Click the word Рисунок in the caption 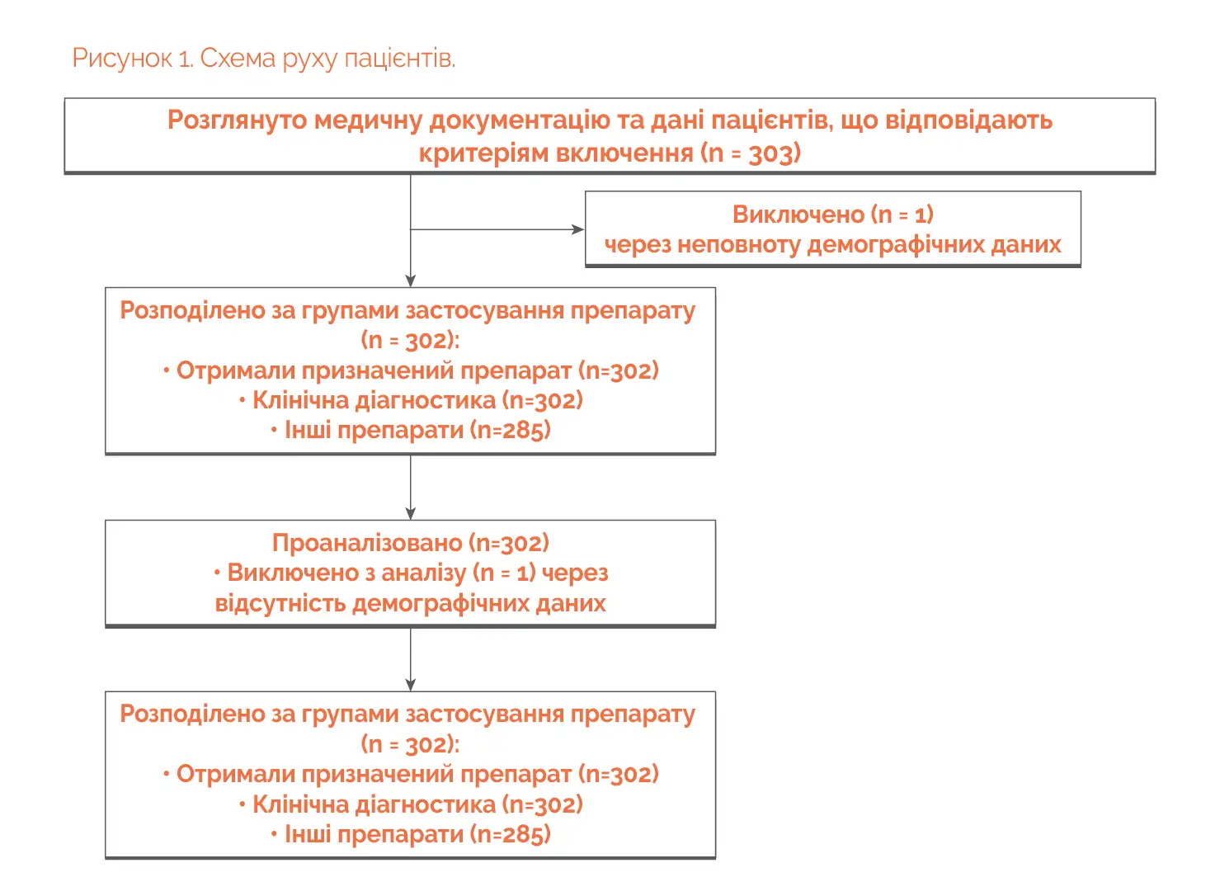pyautogui.click(x=122, y=59)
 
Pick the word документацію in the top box pyautogui.click(x=520, y=120)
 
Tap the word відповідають pyautogui.click(x=968, y=120)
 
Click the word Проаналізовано pyautogui.click(x=367, y=543)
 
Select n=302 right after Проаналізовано pyautogui.click(x=512, y=543)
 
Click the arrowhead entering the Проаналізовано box pyautogui.click(x=411, y=513)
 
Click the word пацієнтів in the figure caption pyautogui.click(x=399, y=59)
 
